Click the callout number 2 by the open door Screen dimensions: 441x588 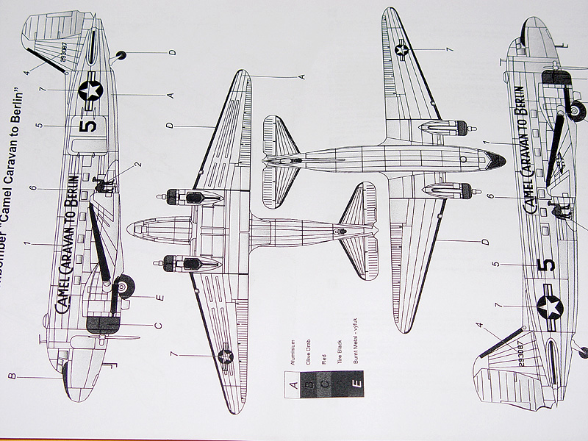click(139, 165)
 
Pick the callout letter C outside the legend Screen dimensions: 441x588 click(159, 324)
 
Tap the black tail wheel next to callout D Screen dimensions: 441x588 click(122, 53)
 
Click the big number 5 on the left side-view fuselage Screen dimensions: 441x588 click(87, 126)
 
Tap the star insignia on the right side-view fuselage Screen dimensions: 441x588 click(550, 307)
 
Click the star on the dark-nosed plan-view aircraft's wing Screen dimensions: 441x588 click(401, 49)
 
